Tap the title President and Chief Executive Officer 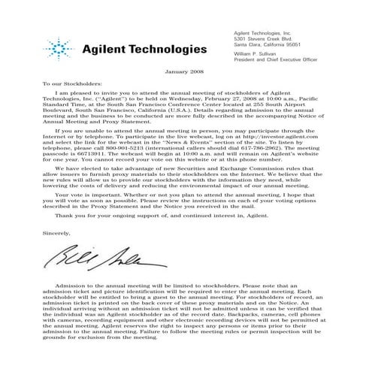pos(278,61)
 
